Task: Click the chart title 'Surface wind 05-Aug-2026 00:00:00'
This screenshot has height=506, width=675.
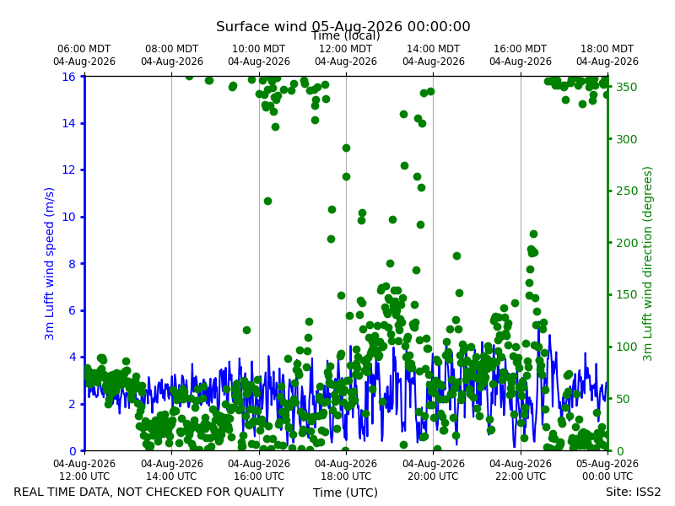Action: coord(343,26)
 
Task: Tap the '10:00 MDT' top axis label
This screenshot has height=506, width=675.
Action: coord(259,49)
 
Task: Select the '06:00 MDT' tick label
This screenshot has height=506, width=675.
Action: coord(84,49)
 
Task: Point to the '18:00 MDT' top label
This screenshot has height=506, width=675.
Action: coord(607,49)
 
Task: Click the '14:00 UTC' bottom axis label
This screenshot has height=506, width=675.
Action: coord(171,476)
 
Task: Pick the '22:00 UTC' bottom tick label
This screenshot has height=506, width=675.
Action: coord(521,476)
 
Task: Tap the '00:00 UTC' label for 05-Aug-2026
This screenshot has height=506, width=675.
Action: coord(607,476)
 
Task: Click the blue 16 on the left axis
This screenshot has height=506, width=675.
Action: coord(68,77)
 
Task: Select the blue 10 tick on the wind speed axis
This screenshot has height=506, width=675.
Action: coord(68,217)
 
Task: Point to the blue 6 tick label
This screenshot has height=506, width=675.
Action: coord(72,310)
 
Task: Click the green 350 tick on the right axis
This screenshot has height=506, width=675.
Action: coord(626,87)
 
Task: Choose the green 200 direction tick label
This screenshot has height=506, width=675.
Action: coord(626,243)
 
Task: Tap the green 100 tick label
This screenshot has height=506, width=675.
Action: coord(626,347)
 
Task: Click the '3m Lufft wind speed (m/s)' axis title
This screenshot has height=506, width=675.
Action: coord(49,263)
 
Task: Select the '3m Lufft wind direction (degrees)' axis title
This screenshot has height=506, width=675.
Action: coord(648,264)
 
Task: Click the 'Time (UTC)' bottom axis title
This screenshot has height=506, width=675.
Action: coord(345,493)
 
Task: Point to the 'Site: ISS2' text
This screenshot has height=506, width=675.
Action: coord(633,492)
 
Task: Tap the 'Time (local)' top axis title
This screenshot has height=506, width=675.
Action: coord(346,35)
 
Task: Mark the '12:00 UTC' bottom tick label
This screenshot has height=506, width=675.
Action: coord(84,476)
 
